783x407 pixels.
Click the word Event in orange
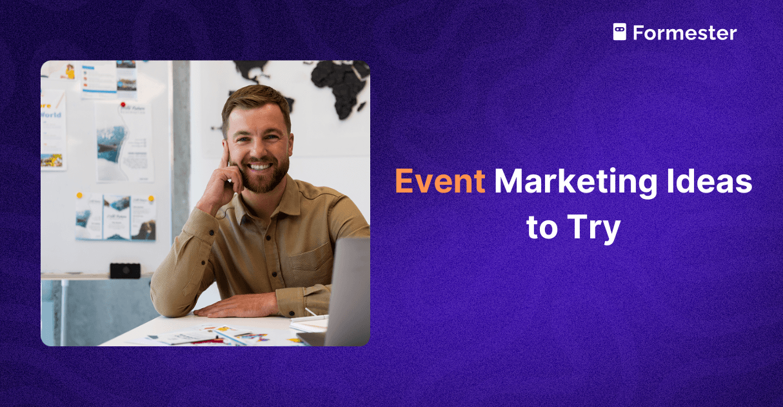click(439, 182)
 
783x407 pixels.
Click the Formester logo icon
click(619, 32)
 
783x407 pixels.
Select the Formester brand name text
click(684, 33)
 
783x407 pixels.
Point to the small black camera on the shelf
click(124, 271)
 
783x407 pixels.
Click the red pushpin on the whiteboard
click(123, 105)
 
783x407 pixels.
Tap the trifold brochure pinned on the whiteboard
click(115, 217)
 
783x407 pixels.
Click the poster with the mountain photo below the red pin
click(124, 142)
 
